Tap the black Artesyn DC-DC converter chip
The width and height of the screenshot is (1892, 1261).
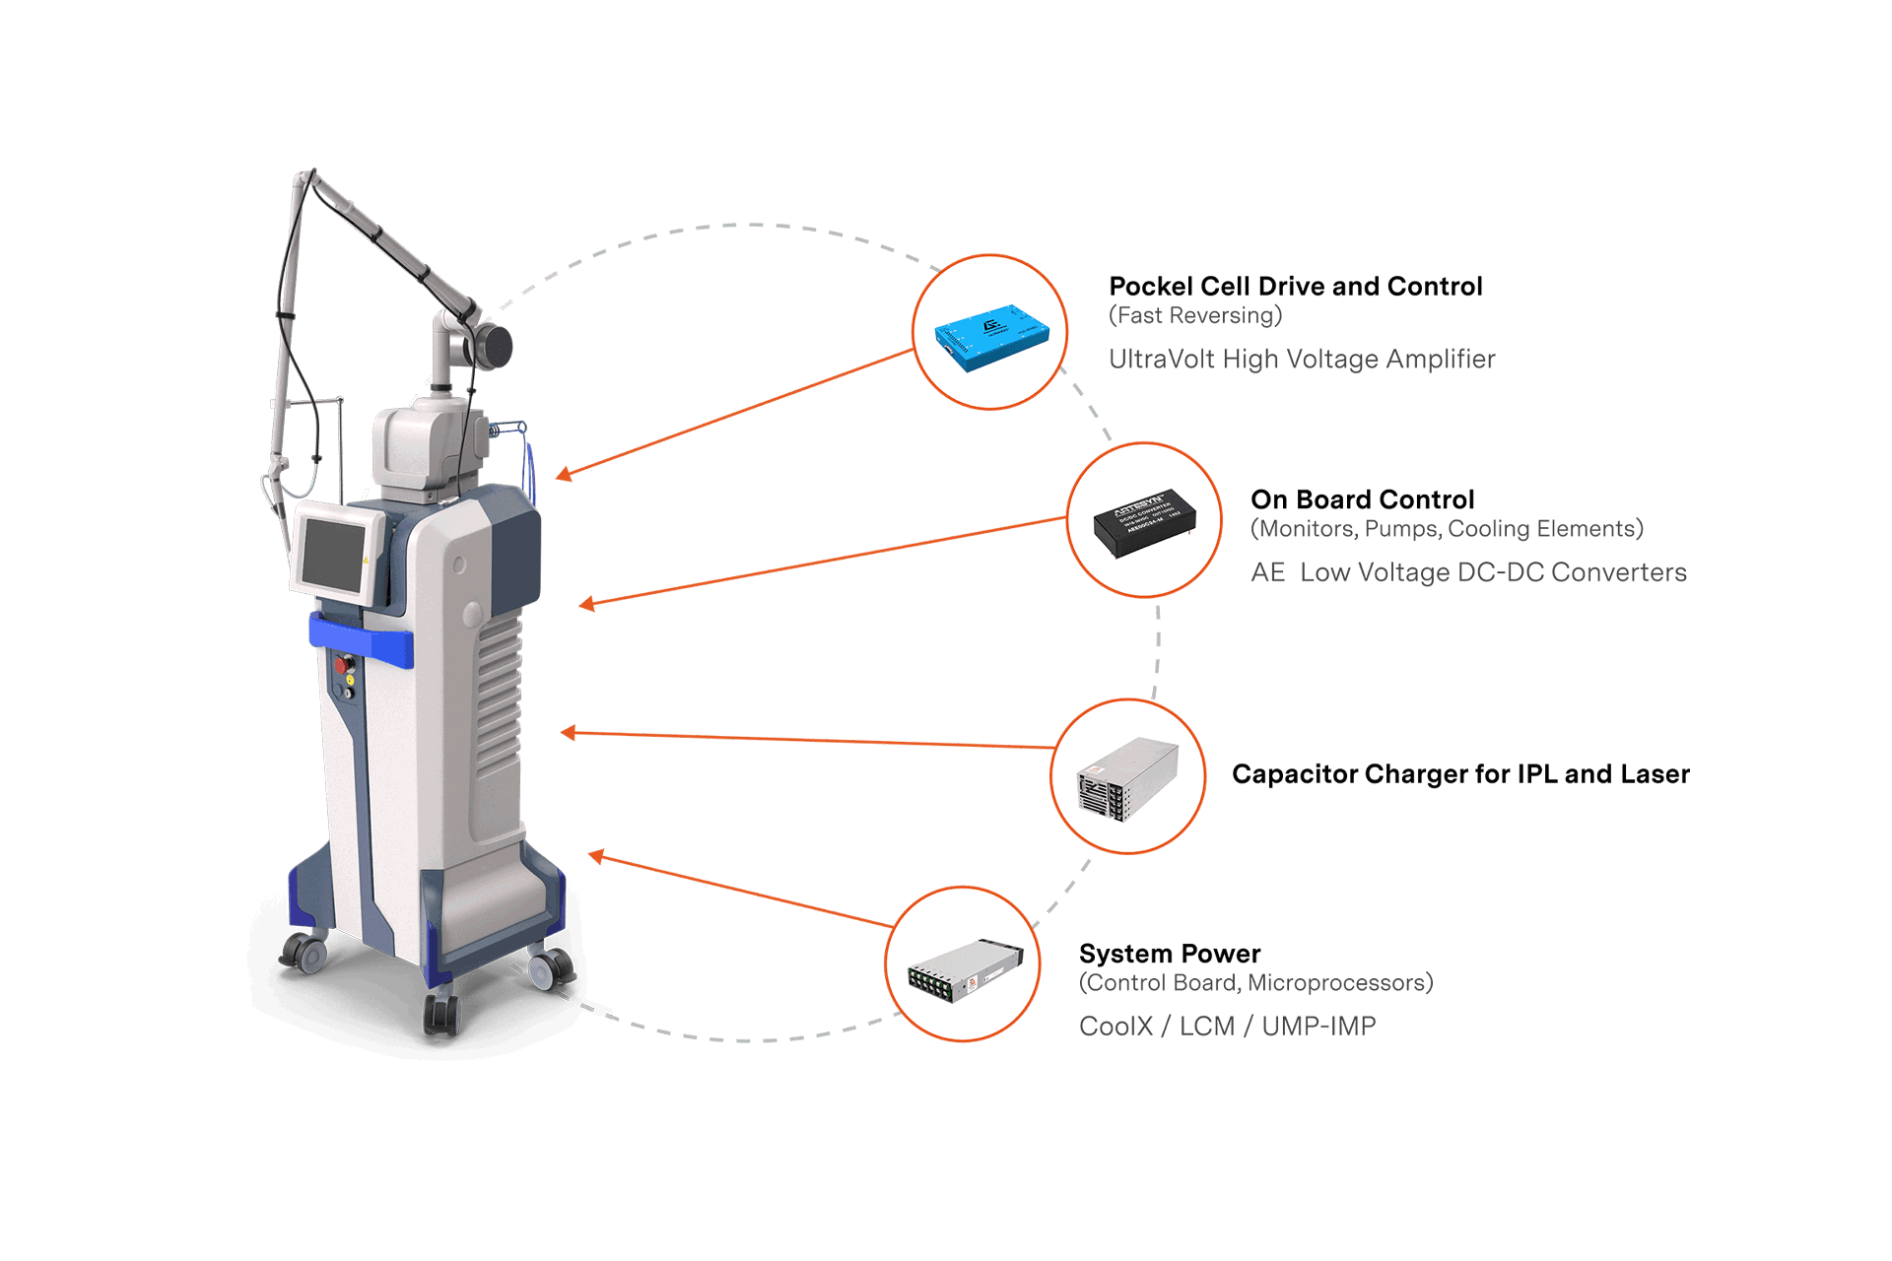tap(1144, 522)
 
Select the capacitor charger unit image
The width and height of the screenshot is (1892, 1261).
tap(1128, 778)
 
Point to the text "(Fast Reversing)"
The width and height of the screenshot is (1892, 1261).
tap(1195, 316)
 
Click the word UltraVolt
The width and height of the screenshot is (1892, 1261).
tap(1161, 360)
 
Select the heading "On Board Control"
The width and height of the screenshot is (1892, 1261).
tap(1362, 499)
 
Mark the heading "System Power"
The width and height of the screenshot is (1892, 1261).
tap(1170, 954)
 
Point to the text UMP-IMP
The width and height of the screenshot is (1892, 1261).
tap(1318, 1027)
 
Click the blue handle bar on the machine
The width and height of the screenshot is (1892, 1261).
tap(362, 639)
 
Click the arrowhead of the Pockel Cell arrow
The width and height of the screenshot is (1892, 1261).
tap(564, 475)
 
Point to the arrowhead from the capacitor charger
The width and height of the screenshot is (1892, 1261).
tap(569, 733)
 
